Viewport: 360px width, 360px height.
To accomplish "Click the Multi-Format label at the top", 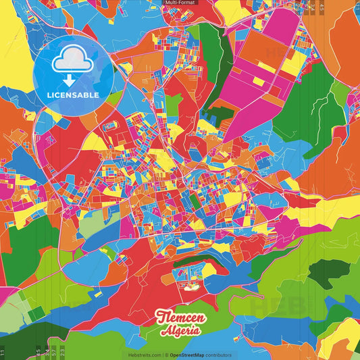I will point(180,3).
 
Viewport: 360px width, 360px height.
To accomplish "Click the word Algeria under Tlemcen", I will point(180,332).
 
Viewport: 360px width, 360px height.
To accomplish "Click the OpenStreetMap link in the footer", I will point(190,355).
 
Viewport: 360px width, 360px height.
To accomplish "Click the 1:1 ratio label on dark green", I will point(3,352).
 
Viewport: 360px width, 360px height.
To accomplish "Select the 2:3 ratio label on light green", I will point(62,352).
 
